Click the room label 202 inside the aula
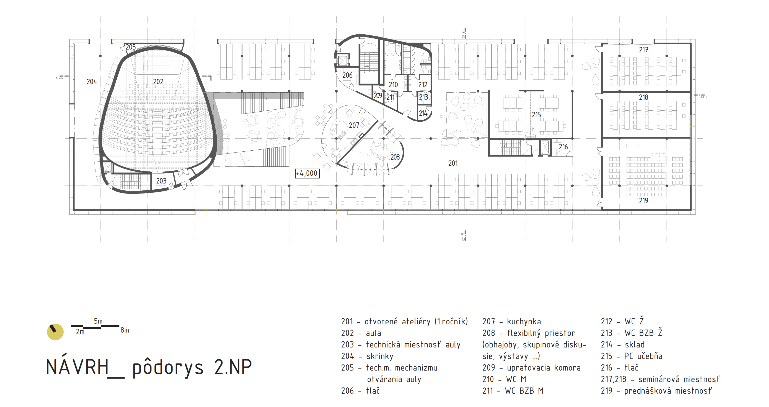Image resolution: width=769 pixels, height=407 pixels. (x=158, y=82)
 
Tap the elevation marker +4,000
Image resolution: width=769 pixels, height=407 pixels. (x=307, y=173)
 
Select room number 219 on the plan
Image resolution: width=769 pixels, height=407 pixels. (x=643, y=201)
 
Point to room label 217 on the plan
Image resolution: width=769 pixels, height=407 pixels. (x=643, y=50)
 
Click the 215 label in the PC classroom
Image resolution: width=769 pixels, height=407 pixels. (x=536, y=115)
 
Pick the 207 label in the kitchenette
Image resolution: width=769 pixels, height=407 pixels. (x=354, y=125)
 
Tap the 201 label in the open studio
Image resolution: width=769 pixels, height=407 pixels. (x=453, y=163)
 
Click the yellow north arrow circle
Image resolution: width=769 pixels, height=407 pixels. (x=55, y=332)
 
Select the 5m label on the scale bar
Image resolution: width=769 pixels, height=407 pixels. (x=98, y=321)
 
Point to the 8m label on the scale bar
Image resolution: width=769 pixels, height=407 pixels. (x=125, y=330)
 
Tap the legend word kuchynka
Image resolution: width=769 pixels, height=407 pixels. (x=524, y=322)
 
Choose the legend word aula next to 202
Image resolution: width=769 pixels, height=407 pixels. (x=373, y=333)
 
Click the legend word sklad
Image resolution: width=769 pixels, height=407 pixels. (x=635, y=345)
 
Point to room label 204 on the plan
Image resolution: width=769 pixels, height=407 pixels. (x=92, y=82)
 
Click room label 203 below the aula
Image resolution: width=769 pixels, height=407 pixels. (x=161, y=181)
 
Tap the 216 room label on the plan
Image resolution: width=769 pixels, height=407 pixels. (x=563, y=147)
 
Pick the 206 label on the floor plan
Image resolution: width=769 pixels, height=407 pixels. (x=347, y=75)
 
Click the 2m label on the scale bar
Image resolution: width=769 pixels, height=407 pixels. (x=80, y=332)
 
